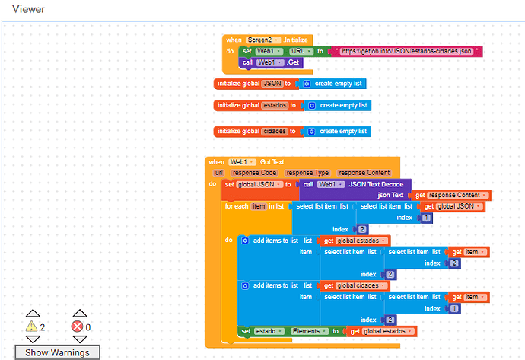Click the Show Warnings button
(x=57, y=352)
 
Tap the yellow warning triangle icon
(x=31, y=327)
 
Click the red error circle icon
(x=77, y=327)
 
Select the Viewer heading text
(x=28, y=9)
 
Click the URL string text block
(x=406, y=51)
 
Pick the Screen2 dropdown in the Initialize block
(x=263, y=40)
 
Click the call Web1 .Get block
(x=271, y=62)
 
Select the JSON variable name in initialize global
(x=272, y=84)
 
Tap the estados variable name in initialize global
(x=275, y=105)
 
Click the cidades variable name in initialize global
(x=275, y=131)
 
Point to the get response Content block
(x=452, y=195)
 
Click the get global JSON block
(x=453, y=206)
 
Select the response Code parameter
(x=254, y=173)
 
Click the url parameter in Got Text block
(x=218, y=173)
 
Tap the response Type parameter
(x=307, y=173)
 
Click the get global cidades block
(x=355, y=285)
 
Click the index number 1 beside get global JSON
(x=426, y=218)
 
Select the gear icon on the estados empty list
(x=312, y=106)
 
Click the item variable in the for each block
(x=259, y=206)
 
